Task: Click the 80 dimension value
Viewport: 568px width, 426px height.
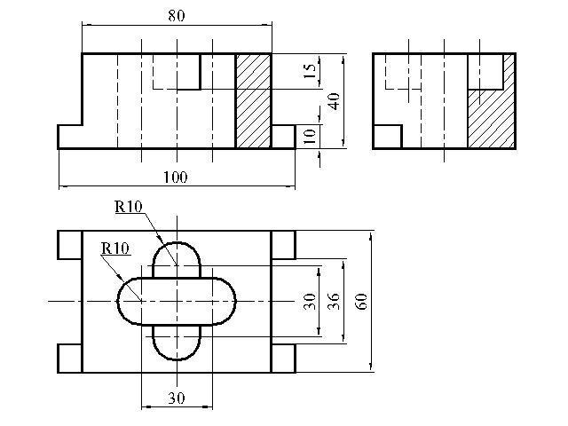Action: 177,16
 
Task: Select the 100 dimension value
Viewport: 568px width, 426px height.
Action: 176,177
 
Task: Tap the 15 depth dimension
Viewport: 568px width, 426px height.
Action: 310,71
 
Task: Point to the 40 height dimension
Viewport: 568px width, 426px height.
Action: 334,101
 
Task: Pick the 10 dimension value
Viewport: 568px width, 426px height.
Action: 310,136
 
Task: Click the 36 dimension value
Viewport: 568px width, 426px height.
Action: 334,302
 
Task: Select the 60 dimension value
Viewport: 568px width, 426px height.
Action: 361,302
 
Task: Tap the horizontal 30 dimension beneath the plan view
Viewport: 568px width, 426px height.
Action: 177,398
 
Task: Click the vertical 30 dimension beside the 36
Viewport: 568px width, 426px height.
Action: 310,302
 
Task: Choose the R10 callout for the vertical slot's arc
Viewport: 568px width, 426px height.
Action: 129,207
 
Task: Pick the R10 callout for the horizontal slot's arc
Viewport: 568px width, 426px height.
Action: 115,248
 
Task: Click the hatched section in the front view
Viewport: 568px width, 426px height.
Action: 253,101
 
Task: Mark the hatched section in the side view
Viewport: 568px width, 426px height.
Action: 491,119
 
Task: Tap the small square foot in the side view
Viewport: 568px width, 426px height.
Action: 388,137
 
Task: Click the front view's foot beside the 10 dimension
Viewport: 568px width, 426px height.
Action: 283,137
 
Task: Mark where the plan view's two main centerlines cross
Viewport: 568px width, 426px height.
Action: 177,302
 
